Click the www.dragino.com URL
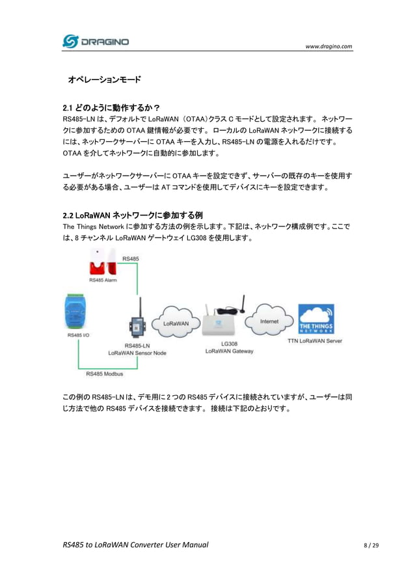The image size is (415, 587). pos(328,46)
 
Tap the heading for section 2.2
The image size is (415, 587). pos(133,215)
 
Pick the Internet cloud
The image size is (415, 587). pos(269,320)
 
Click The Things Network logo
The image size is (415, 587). pos(316,319)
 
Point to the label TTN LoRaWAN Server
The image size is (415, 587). pos(315,340)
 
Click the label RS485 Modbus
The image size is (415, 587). pos(105,374)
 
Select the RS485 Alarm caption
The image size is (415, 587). pos(103,280)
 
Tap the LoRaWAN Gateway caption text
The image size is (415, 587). pos(229,351)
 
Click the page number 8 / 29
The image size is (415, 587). pos(371,544)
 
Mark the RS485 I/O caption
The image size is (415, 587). pos(78,336)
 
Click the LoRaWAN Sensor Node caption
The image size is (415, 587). pos(137,353)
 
